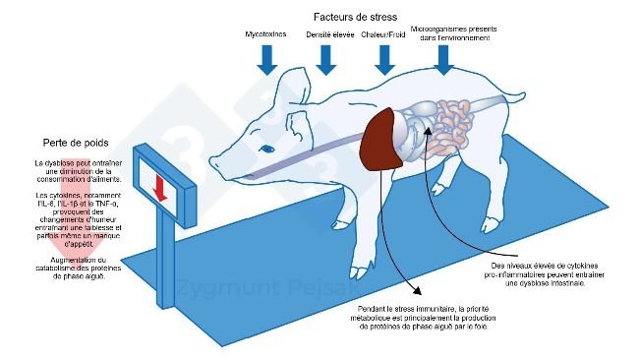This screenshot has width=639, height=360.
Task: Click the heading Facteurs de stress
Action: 354,17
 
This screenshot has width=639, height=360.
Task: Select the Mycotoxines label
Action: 266,34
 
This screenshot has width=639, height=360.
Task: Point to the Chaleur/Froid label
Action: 384,34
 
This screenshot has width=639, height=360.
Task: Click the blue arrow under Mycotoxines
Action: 266,60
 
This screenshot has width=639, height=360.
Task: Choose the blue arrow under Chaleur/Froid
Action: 384,60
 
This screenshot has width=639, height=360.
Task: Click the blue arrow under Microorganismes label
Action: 444,60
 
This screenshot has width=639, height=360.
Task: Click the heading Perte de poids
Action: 77,141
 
